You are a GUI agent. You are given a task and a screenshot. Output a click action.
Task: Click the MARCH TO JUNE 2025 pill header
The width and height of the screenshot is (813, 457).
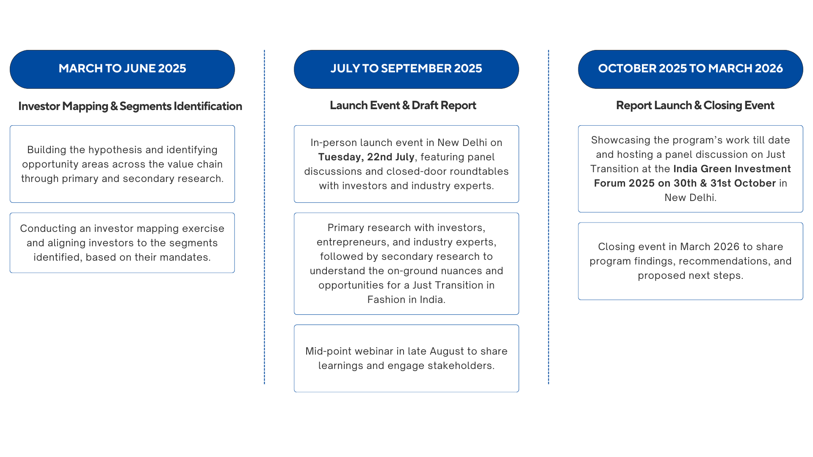[x=122, y=69]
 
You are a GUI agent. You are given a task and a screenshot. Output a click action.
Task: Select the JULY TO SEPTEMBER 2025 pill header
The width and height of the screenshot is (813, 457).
[x=406, y=69]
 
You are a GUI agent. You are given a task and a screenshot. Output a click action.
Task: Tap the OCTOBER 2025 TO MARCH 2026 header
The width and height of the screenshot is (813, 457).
[x=691, y=69]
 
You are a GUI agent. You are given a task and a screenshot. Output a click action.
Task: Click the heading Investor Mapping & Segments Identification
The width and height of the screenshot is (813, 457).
[x=130, y=106]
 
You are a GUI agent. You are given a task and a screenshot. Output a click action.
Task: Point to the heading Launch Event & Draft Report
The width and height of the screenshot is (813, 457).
[x=403, y=105]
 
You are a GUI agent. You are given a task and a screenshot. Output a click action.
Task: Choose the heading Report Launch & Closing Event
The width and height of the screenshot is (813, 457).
[x=695, y=105]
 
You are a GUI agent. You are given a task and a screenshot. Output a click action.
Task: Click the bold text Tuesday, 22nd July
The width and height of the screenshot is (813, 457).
[x=366, y=157]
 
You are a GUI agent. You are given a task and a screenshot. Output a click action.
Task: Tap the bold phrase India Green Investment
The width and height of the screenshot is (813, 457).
[x=732, y=169]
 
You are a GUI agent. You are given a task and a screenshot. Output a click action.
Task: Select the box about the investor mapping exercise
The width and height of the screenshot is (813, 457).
[x=122, y=243]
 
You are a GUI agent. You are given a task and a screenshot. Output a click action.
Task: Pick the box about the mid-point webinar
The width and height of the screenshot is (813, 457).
[x=406, y=358]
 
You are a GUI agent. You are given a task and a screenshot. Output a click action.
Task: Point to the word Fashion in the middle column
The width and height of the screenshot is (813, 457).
[x=383, y=300]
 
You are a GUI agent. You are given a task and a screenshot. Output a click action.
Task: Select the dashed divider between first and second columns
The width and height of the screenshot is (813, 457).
[x=264, y=217]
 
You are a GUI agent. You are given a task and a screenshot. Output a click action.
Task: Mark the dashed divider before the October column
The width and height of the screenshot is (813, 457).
[x=548, y=217]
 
